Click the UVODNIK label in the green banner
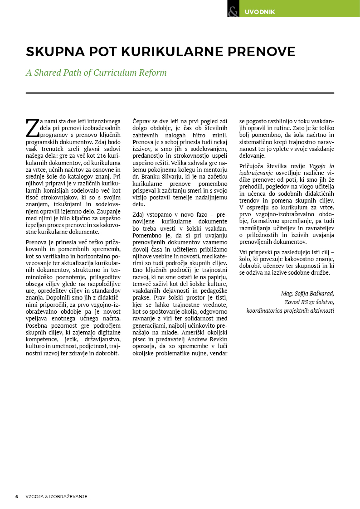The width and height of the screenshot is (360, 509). (x=260, y=12)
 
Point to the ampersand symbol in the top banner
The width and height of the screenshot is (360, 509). (x=234, y=11)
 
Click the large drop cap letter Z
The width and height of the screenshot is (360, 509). (x=32, y=128)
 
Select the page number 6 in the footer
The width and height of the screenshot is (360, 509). (x=17, y=496)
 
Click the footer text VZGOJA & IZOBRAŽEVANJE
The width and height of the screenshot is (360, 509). (x=57, y=496)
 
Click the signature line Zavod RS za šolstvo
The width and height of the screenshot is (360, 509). (x=309, y=302)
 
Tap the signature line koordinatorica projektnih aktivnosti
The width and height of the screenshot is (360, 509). (x=290, y=310)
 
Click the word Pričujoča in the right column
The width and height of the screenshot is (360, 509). (x=252, y=166)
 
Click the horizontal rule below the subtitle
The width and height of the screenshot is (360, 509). (x=180, y=93)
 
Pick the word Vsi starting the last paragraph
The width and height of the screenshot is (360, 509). (x=243, y=252)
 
